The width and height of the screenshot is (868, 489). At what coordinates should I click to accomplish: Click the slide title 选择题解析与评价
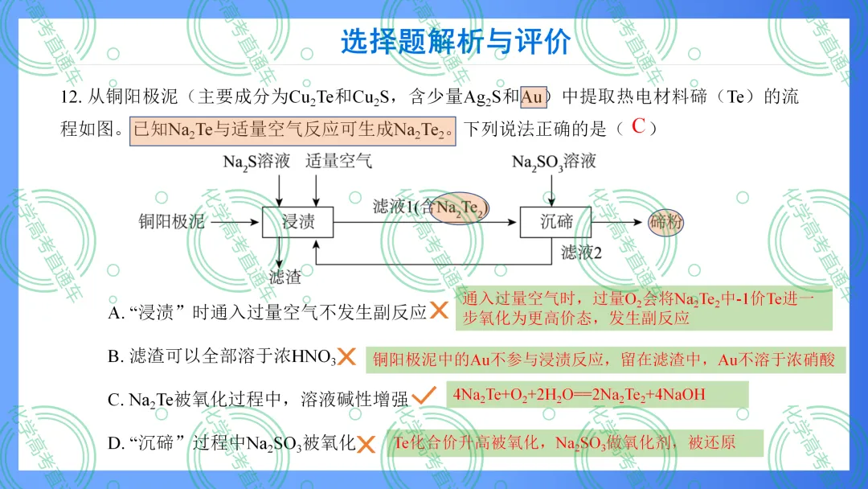456,42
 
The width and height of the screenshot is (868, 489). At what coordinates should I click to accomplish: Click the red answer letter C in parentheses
638,126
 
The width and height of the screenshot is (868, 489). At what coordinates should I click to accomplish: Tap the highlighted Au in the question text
533,97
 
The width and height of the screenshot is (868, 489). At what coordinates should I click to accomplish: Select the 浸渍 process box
298,222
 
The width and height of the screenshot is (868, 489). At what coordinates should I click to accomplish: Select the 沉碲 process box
555,222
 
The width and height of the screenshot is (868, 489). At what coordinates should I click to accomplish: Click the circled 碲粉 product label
665,223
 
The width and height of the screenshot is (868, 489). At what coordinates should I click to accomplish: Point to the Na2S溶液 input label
256,161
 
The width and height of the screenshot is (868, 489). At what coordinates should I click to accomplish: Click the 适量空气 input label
339,161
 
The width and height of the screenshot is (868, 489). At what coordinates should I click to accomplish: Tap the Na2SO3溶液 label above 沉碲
554,162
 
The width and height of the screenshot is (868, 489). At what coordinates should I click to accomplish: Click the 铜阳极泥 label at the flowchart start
172,222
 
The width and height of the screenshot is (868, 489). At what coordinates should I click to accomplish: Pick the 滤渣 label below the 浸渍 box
285,277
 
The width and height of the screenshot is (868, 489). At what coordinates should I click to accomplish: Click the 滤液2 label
581,253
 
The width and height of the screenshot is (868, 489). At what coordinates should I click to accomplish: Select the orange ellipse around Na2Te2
460,208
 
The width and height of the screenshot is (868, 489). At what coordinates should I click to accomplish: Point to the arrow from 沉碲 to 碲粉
616,223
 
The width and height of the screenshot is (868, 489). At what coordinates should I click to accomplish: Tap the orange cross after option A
439,310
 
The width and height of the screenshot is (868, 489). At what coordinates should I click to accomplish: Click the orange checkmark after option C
424,396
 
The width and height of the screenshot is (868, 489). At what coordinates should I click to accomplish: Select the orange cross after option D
366,444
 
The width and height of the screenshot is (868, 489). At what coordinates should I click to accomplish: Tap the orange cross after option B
346,356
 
